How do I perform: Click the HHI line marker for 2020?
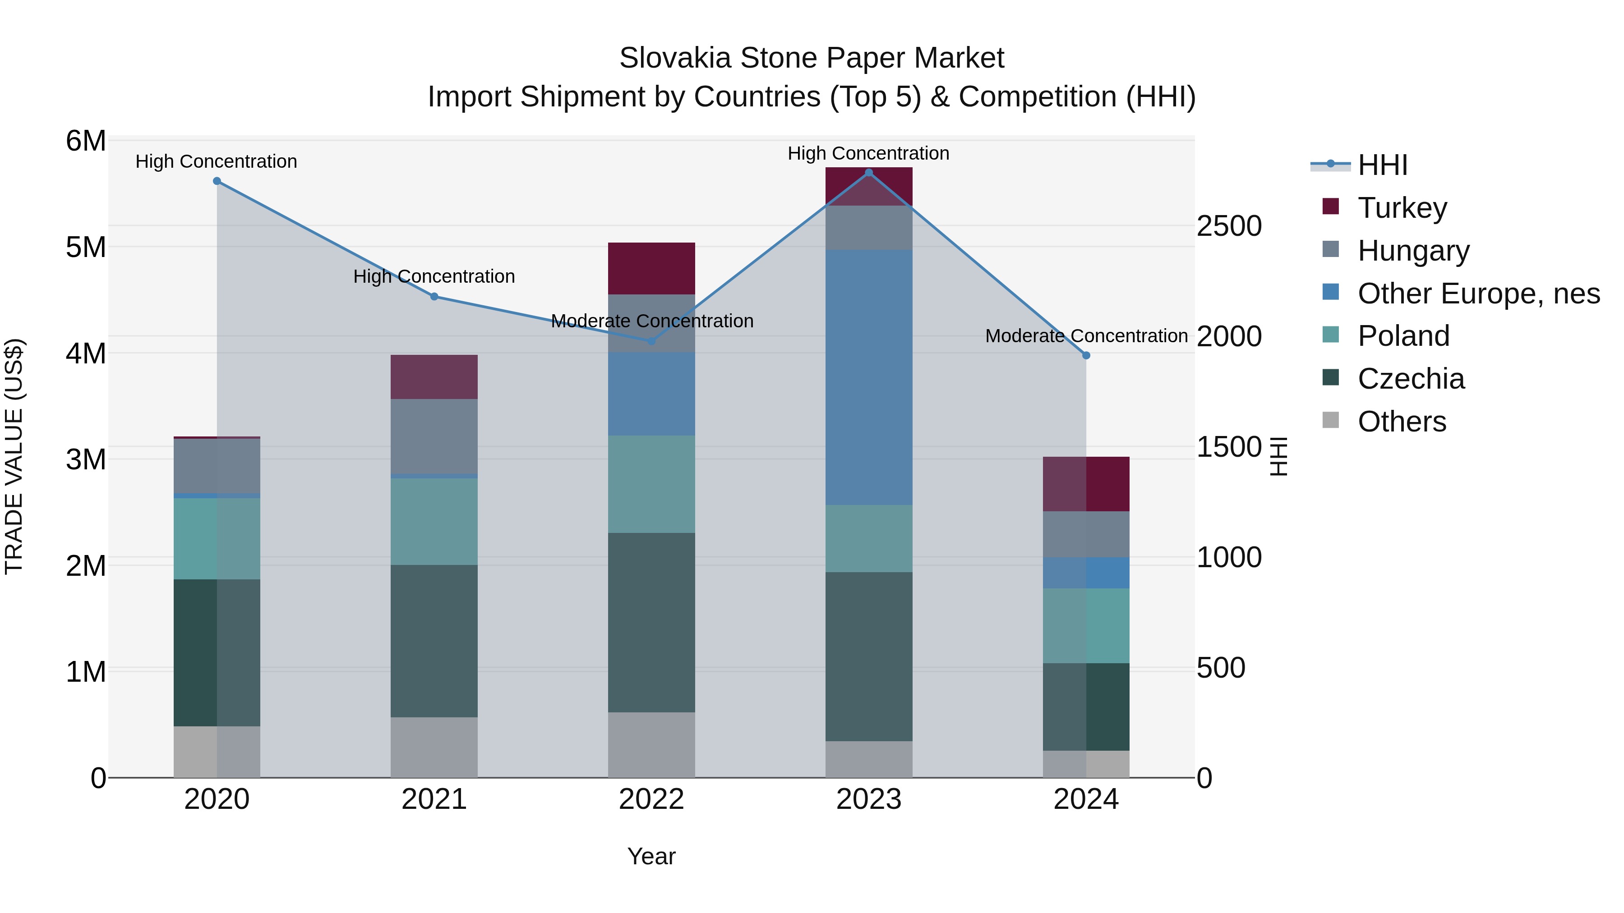tap(217, 181)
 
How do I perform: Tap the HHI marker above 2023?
tap(869, 173)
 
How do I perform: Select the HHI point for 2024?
tap(1086, 355)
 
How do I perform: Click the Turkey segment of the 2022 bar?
tap(651, 268)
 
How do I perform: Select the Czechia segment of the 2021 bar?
tap(434, 641)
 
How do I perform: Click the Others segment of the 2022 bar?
tap(651, 745)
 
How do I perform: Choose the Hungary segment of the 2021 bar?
tap(434, 436)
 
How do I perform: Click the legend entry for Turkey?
tap(1402, 208)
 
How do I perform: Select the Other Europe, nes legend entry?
tap(1478, 294)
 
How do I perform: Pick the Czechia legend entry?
tap(1411, 379)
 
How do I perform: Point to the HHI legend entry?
tap(1382, 165)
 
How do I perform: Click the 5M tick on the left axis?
tap(86, 247)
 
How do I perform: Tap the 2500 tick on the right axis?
tap(1229, 226)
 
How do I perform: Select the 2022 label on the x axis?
tap(651, 799)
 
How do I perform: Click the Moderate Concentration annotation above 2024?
tap(1086, 336)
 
